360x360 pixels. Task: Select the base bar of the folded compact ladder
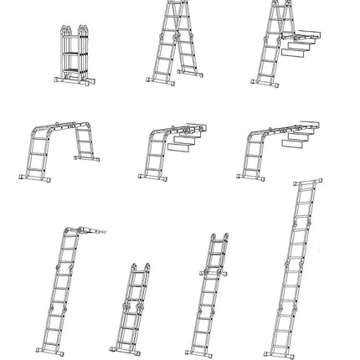click(x=73, y=84)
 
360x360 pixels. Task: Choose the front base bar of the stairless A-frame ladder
click(x=161, y=83)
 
